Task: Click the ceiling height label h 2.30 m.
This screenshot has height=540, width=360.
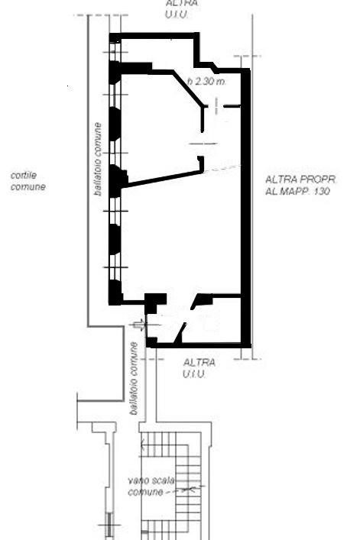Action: coord(206,82)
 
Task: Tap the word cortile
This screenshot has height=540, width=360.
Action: coord(24,176)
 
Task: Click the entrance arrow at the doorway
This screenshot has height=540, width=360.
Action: coord(141,325)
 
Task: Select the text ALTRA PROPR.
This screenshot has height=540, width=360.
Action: coord(300,179)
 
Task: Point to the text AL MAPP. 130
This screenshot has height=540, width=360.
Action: coord(297,191)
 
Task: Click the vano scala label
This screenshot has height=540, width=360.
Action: coord(151,480)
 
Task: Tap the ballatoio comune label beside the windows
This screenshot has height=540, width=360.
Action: coord(98,159)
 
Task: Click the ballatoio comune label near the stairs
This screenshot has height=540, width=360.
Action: coord(134,378)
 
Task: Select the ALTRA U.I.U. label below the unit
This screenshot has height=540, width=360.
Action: coord(199,368)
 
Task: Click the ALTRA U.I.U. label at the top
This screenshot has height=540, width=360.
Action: coord(182,9)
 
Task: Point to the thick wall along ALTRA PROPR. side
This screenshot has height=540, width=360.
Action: coord(245,208)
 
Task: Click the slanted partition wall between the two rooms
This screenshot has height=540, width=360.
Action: coord(162,179)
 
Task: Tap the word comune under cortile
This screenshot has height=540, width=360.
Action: coord(28,187)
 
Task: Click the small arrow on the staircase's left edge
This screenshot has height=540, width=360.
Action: coord(141,445)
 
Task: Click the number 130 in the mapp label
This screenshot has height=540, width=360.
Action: coord(322,191)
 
